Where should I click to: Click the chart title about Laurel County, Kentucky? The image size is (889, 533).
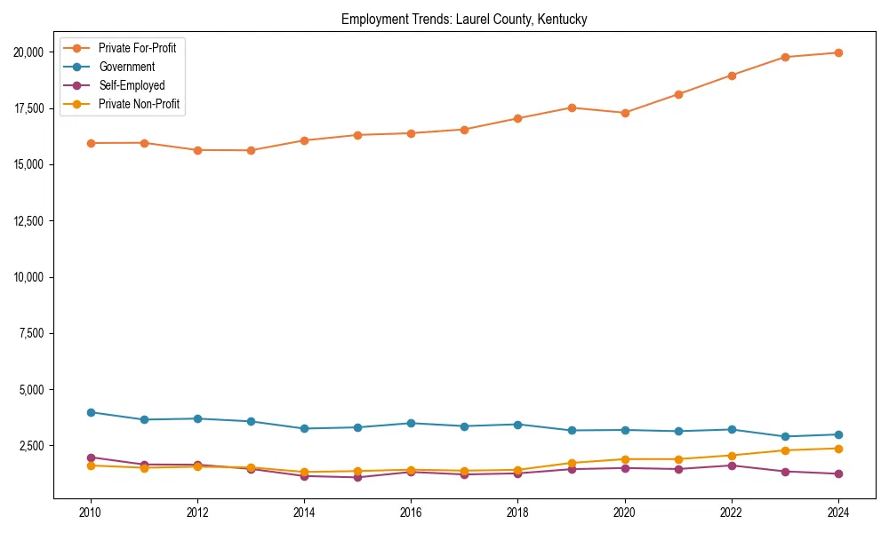(x=464, y=20)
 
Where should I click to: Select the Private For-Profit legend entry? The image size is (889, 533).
(x=137, y=48)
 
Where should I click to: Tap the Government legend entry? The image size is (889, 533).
(x=126, y=67)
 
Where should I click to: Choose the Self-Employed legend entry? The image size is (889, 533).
(x=132, y=86)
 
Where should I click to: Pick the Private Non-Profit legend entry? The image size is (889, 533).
(x=139, y=105)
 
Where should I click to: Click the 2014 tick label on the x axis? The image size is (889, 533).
(x=304, y=513)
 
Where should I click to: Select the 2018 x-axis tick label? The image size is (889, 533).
(x=517, y=513)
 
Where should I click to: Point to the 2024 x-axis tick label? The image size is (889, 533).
(x=837, y=513)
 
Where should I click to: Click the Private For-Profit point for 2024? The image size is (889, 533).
(x=837, y=52)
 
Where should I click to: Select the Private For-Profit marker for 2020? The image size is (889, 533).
(x=624, y=113)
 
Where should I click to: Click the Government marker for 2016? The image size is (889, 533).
(x=411, y=423)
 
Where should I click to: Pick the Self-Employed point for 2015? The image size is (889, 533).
(x=357, y=477)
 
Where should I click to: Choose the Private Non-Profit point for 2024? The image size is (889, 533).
(x=837, y=449)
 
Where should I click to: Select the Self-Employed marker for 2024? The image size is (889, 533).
(x=837, y=473)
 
